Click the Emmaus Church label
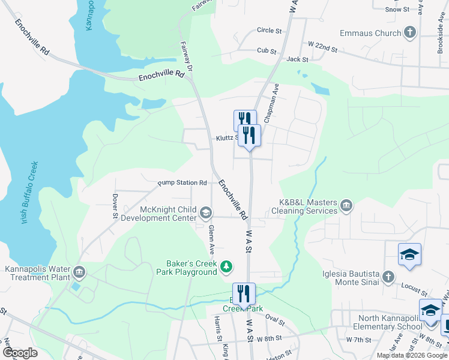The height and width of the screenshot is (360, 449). (370, 33)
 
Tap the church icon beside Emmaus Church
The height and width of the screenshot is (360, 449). (411, 32)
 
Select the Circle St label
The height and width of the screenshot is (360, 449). (269, 30)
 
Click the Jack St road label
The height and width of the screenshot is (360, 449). (297, 59)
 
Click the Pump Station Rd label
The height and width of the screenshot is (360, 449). (182, 182)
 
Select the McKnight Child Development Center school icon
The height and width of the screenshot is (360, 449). (206, 212)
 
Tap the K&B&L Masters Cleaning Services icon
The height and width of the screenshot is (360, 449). (346, 206)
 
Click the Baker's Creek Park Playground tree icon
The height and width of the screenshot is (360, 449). (226, 266)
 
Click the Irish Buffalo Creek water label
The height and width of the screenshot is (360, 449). (29, 193)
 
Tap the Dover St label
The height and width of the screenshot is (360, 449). (114, 205)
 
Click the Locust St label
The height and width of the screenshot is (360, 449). (414, 290)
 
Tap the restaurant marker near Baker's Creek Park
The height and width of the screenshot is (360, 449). (244, 293)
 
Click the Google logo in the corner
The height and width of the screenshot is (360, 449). (19, 353)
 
